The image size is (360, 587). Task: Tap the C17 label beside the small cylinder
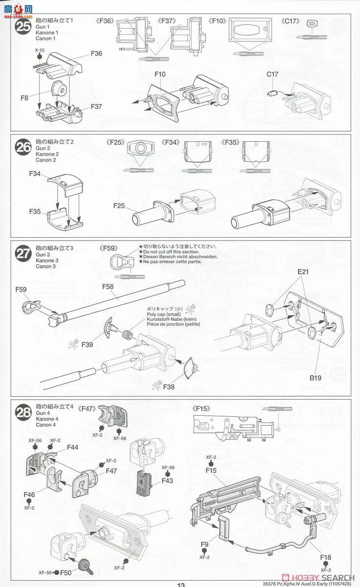tap(272, 74)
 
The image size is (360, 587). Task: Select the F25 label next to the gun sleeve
tap(120, 206)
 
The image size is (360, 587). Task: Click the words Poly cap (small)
tap(163, 315)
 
